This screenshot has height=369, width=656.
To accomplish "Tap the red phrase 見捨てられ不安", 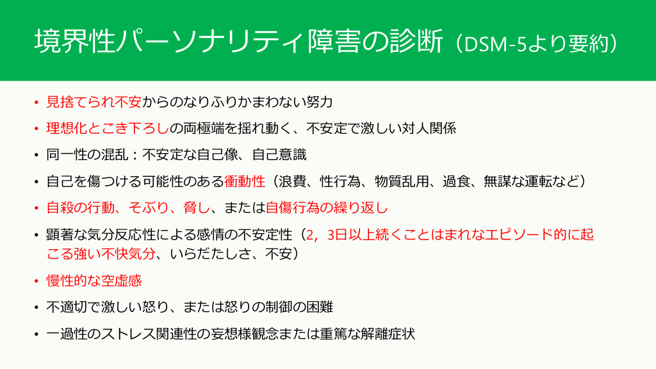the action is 94,102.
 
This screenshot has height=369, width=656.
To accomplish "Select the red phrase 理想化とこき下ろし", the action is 108,128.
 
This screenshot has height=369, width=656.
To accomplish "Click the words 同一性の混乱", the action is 87,155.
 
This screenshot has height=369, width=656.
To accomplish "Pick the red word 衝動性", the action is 245,181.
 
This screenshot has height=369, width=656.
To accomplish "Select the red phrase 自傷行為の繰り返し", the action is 327,208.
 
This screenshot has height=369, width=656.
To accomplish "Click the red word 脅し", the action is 197,208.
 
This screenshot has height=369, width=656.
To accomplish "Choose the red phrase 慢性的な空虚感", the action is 94,281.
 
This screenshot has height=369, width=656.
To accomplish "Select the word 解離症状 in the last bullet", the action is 388,334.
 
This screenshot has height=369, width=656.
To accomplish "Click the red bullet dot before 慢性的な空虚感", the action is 37,281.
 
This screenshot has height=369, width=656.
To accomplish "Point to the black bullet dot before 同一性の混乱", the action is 37,155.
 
